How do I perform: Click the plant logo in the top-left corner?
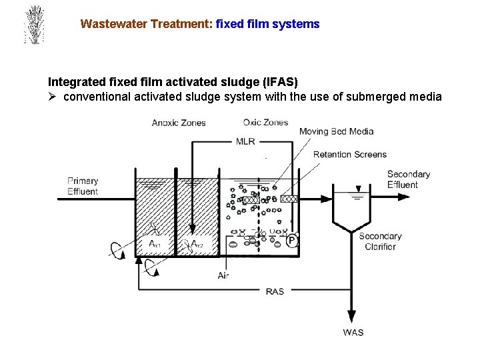33,25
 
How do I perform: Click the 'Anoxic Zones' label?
179,123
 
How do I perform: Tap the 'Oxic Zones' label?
265,122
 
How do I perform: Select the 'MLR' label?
245,141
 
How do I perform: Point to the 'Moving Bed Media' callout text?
336,131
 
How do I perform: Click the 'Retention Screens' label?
350,155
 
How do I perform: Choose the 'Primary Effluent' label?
83,186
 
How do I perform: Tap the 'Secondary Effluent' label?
409,179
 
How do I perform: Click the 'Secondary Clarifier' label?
380,241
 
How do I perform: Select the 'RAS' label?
275,291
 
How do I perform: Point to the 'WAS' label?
353,332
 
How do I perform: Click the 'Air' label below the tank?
223,275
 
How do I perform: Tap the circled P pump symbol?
291,241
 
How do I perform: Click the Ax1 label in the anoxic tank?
155,245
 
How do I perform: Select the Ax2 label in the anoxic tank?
197,245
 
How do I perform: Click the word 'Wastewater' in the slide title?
113,24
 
